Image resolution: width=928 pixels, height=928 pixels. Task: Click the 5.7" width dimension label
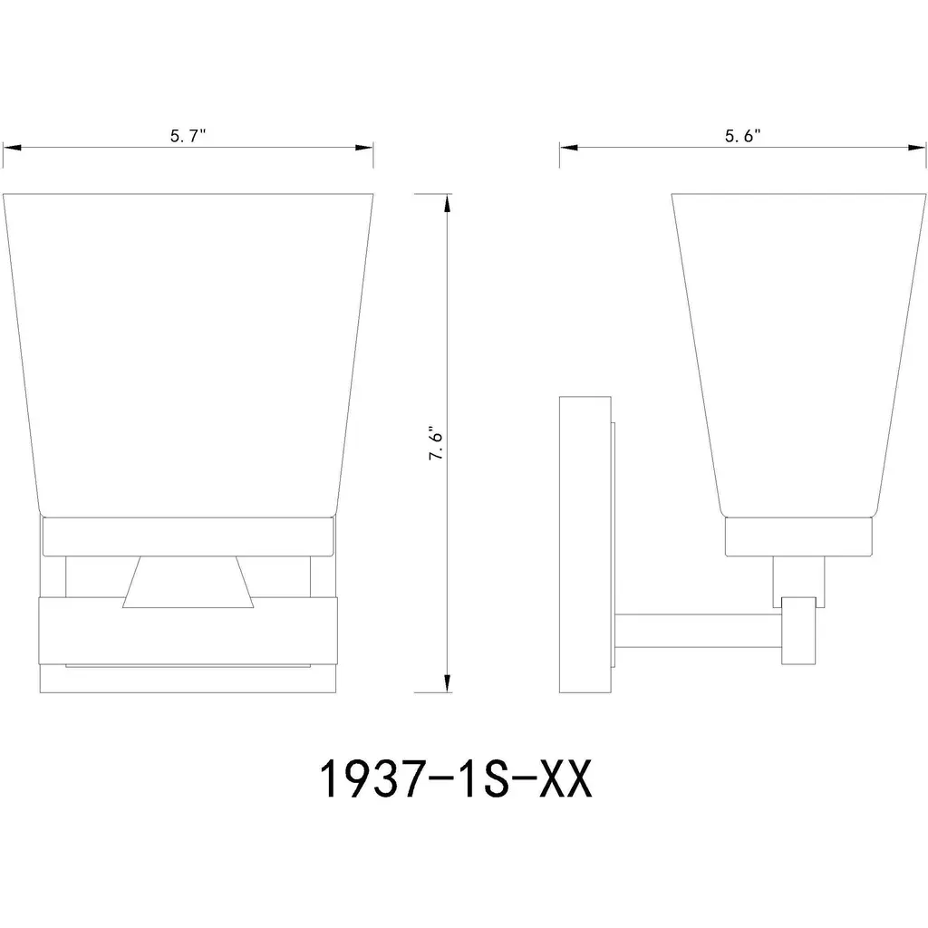click(x=188, y=136)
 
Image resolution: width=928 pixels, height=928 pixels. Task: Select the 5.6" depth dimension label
click(x=743, y=136)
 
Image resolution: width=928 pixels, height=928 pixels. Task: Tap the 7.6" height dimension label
click(x=437, y=443)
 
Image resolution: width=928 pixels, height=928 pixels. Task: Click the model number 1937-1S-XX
click(x=456, y=778)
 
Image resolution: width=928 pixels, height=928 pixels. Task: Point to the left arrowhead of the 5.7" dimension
click(x=12, y=147)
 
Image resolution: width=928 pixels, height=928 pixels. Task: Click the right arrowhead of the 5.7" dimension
click(x=364, y=147)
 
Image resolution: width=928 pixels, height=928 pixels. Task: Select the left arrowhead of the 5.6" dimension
click(x=569, y=147)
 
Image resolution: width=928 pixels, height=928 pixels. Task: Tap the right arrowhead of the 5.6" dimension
click(x=916, y=147)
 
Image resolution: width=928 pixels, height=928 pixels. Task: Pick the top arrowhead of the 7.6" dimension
click(x=448, y=203)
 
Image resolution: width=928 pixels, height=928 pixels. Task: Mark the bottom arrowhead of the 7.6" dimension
click(x=448, y=682)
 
